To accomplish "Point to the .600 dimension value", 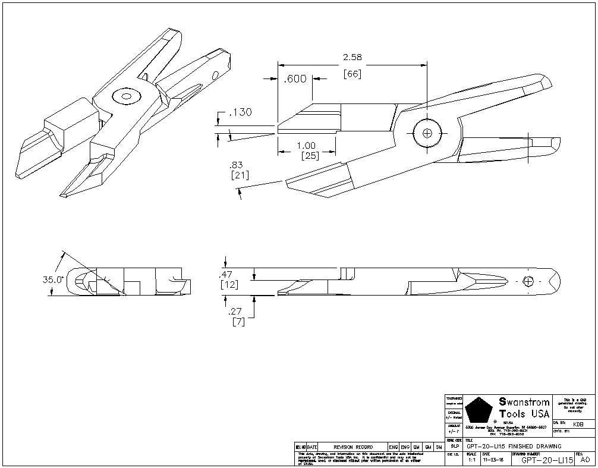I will pos(295,79).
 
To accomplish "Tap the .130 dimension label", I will pos(240,113).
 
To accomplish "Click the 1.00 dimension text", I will pos(306,146).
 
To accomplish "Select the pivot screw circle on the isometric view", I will pos(125,95).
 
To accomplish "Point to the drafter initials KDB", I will pos(578,423).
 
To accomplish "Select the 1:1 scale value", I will pos(471,460).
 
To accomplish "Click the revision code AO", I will pos(585,459).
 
